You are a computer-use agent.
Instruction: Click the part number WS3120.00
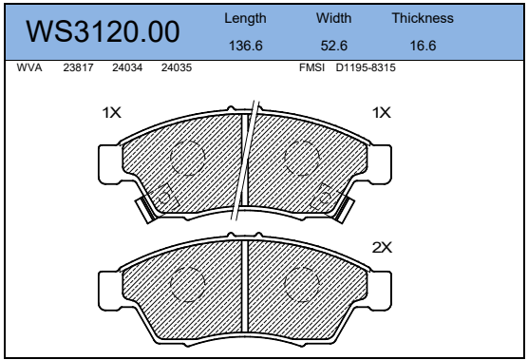103,31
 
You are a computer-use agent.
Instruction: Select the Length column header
245,18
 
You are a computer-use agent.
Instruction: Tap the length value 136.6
245,46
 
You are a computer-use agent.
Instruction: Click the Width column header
333,18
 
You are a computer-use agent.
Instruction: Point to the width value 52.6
333,46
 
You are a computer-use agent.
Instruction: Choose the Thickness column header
423,18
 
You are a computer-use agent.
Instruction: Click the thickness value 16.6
423,46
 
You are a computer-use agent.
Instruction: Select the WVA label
29,67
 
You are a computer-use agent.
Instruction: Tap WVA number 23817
78,67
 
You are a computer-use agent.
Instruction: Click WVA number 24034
127,67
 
